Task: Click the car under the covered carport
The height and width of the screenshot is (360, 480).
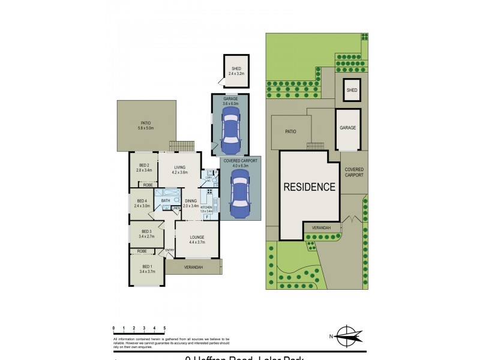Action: pos(239,195)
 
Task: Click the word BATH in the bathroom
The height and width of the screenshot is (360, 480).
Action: pos(165,200)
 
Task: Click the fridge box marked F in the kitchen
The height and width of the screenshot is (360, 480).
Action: pos(207,217)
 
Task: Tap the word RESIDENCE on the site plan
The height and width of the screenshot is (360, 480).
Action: pos(310,187)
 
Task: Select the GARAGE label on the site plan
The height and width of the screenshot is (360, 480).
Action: pos(348,128)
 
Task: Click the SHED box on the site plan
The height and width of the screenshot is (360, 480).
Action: pos(352,91)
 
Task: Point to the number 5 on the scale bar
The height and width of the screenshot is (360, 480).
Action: pos(164,328)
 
